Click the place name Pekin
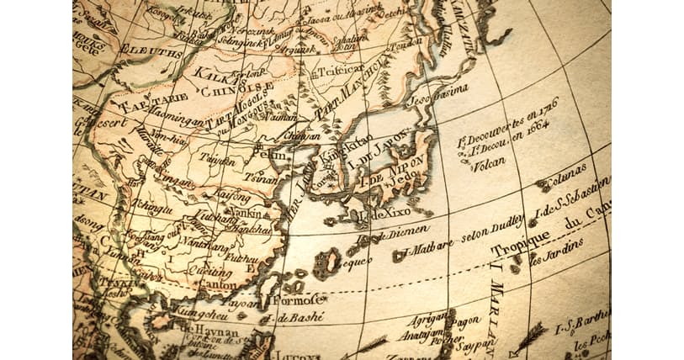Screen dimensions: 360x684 269,156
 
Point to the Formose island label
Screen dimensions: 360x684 299,299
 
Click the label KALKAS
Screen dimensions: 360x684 211,73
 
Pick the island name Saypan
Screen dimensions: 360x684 477,345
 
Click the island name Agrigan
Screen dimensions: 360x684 425,320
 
